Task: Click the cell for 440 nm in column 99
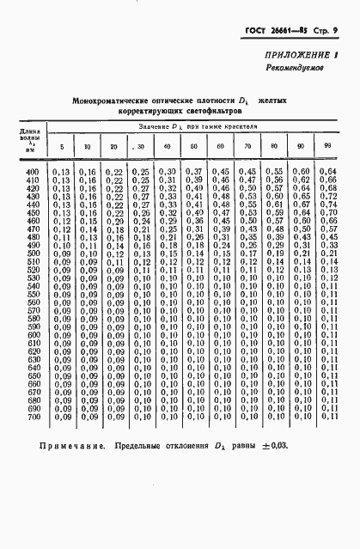pyautogui.click(x=327, y=205)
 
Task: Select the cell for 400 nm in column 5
pyautogui.click(x=61, y=173)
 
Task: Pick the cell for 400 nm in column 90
pyautogui.click(x=301, y=173)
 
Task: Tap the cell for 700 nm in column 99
pyautogui.click(x=327, y=417)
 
